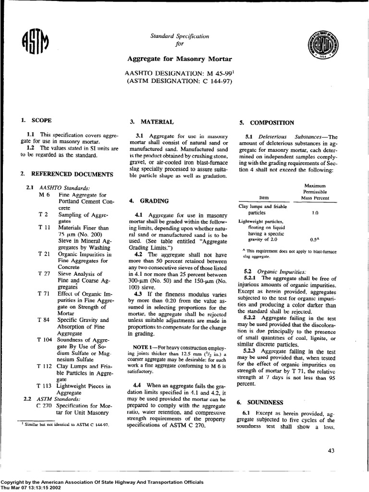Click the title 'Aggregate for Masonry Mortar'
(x=179, y=59)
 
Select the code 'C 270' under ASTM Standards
(x=45, y=406)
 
